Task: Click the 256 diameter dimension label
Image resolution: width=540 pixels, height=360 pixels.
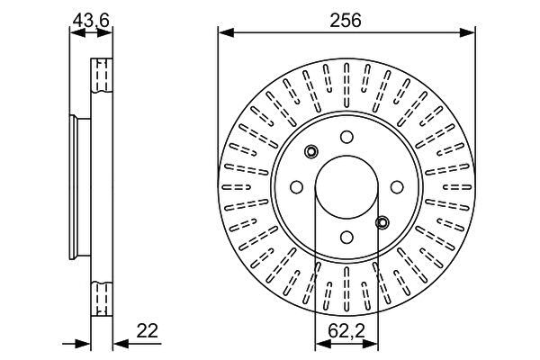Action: click(346, 21)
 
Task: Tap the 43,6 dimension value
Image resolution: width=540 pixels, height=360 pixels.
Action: click(91, 21)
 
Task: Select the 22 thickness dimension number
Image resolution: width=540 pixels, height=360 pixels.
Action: click(148, 330)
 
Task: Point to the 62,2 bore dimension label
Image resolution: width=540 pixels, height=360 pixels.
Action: click(346, 331)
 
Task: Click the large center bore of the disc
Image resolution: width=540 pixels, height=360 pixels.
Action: click(346, 187)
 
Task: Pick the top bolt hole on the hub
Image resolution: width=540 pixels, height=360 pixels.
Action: click(346, 137)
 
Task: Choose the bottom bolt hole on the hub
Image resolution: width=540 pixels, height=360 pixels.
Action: click(346, 237)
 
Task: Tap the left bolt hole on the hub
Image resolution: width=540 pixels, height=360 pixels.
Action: click(296, 187)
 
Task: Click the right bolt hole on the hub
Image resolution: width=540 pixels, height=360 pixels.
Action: click(397, 187)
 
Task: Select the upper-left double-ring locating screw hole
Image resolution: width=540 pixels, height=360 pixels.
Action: click(311, 151)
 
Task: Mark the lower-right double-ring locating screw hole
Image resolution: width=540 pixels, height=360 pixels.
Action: click(382, 222)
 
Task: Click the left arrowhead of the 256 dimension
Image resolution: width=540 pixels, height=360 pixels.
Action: click(226, 33)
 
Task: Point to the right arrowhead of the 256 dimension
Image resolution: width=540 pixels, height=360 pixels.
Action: click(468, 33)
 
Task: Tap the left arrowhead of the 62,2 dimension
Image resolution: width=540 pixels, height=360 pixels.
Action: click(323, 344)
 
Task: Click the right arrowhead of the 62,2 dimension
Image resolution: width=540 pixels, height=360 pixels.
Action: click(371, 344)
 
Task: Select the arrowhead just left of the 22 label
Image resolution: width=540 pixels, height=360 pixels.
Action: click(121, 344)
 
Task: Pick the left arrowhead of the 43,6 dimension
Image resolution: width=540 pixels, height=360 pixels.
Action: click(77, 33)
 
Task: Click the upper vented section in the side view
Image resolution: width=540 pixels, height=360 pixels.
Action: click(102, 76)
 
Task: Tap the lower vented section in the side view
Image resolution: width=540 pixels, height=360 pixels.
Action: click(102, 299)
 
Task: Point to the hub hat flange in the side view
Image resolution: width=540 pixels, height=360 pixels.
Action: click(80, 187)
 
